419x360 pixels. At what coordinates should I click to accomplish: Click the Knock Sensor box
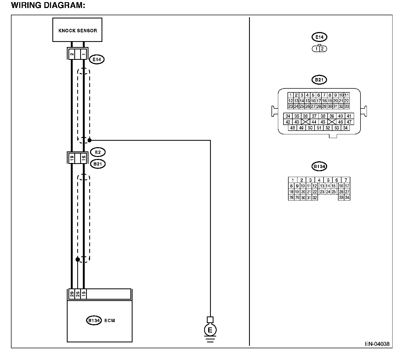click(77, 30)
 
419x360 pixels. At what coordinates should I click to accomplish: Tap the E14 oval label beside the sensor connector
click(97, 59)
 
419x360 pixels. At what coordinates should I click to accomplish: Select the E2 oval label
click(98, 152)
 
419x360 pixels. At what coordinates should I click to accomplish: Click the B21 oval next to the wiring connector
click(98, 164)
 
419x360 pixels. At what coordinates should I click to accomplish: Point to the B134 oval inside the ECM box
click(94, 320)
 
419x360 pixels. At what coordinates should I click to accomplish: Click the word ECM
click(110, 320)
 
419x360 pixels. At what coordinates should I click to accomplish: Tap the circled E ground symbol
click(210, 330)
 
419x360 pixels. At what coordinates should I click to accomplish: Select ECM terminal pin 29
click(72, 294)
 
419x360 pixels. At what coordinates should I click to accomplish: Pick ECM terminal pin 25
click(78, 294)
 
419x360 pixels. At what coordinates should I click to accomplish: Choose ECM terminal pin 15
click(84, 294)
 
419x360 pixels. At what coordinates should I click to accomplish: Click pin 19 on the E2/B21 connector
click(72, 158)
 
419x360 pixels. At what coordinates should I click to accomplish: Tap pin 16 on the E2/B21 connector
click(84, 158)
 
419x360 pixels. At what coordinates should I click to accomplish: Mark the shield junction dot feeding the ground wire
click(90, 140)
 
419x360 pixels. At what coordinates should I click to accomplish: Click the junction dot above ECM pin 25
click(78, 259)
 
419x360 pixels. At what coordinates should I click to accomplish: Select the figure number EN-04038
click(377, 344)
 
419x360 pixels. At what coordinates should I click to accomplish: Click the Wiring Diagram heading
click(48, 5)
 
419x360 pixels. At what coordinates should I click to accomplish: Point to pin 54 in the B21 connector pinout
click(345, 128)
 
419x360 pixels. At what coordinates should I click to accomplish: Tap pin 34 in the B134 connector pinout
click(347, 198)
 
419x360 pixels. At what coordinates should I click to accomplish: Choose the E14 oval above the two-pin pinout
click(319, 37)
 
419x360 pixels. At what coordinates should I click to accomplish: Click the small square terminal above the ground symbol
click(210, 320)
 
